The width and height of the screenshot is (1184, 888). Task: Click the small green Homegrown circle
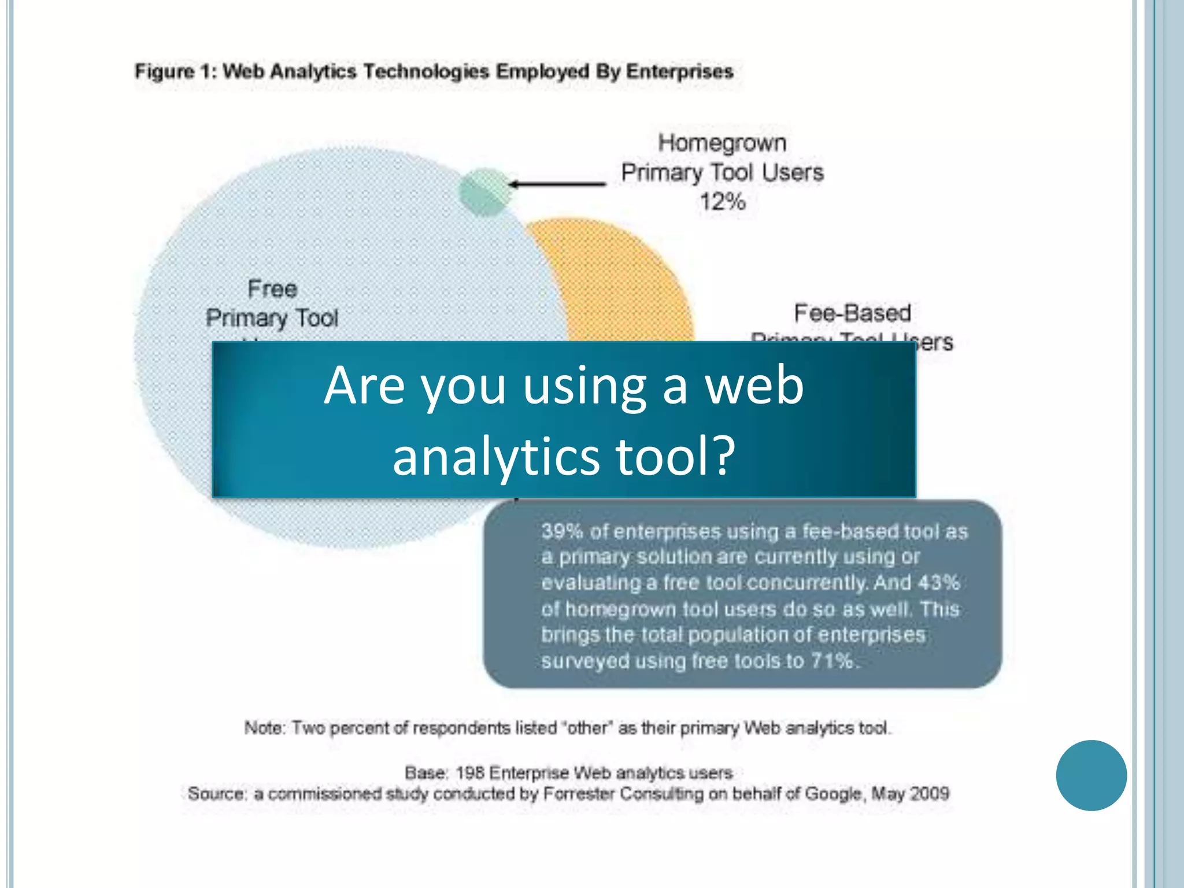tap(485, 192)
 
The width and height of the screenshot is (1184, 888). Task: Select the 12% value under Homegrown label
tap(722, 202)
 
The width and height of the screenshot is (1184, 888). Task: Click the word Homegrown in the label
tap(722, 143)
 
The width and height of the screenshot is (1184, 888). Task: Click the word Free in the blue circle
tap(272, 289)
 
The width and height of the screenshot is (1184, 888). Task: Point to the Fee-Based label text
tap(852, 313)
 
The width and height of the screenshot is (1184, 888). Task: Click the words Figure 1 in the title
tap(174, 72)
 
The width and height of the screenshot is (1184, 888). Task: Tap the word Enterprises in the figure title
tap(680, 72)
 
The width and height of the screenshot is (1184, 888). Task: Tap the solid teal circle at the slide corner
tap(1091, 775)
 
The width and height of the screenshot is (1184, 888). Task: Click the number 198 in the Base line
tap(469, 773)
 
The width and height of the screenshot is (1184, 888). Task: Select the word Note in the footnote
tap(264, 728)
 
